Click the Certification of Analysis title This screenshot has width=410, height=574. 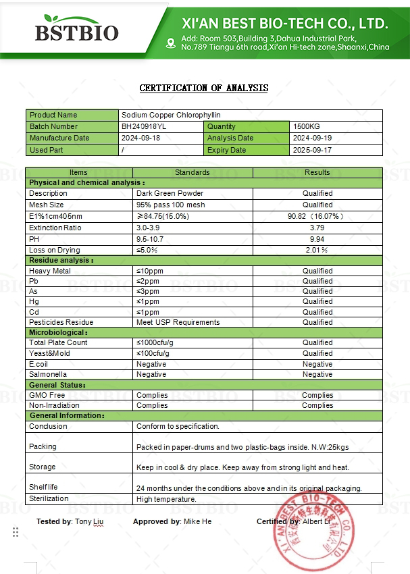coord(204,88)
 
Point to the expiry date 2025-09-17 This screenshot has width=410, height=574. coord(312,150)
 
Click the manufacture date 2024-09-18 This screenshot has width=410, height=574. coord(143,138)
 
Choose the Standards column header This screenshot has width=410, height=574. coord(193,172)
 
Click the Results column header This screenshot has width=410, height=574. coord(317,172)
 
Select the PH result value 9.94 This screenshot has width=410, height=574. coord(317,239)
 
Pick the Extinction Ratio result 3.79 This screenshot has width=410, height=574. coord(317,228)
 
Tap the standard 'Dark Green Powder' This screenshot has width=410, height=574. coord(170,193)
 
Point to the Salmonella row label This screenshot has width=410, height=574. coord(48,374)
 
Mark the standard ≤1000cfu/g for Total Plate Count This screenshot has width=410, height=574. coord(159,342)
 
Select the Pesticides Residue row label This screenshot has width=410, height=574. coord(61,322)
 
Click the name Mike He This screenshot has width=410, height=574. coord(197,521)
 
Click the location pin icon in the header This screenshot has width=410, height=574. coord(170,44)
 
